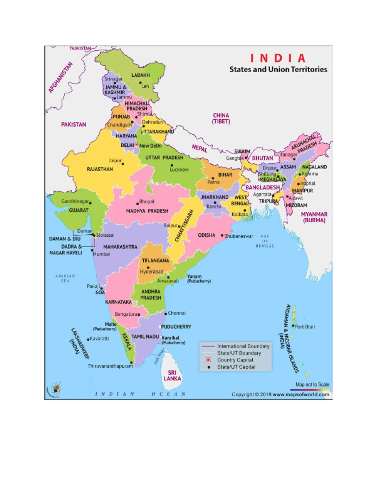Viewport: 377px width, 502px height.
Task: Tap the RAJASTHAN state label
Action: (x=100, y=169)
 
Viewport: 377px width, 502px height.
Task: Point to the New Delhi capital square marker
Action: (x=136, y=146)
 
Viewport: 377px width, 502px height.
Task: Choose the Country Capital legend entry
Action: (x=236, y=360)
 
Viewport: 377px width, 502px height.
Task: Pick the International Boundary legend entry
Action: (x=243, y=346)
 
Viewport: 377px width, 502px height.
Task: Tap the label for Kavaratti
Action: (x=99, y=339)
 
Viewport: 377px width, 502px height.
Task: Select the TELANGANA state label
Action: (x=156, y=260)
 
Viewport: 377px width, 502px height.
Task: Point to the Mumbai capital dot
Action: (x=94, y=251)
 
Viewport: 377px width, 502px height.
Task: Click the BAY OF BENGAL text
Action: (x=265, y=241)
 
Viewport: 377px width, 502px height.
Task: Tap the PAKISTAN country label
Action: (x=74, y=125)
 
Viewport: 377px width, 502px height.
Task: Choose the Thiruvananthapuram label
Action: (x=110, y=366)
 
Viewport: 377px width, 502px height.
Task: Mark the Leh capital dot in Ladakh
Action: (x=140, y=83)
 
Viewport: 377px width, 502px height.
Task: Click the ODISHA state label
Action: (x=207, y=235)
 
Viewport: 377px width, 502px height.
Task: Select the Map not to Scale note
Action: (x=312, y=384)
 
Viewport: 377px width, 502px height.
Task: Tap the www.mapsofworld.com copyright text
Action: (x=300, y=394)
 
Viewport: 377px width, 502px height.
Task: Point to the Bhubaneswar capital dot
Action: (x=222, y=236)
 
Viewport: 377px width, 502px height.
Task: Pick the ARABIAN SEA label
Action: (x=65, y=278)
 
